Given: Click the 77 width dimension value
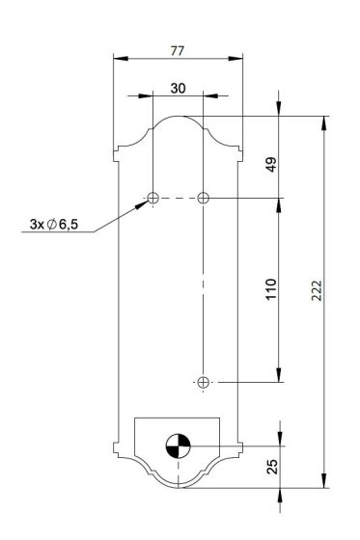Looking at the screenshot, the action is coord(178,51).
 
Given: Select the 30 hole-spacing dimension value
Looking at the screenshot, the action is coord(178,89).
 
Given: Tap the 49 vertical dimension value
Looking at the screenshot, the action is coord(272,164).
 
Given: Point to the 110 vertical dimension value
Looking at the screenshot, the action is coord(271,289).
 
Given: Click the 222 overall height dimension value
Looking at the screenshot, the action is coord(317,290).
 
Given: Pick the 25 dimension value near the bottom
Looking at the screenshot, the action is coord(272,467).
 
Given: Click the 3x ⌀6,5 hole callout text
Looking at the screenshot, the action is coord(54,224).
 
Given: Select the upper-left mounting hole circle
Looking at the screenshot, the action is coord(152,198).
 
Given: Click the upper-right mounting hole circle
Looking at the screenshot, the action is coord(203,198).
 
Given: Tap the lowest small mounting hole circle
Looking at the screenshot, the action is coord(203,382).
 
